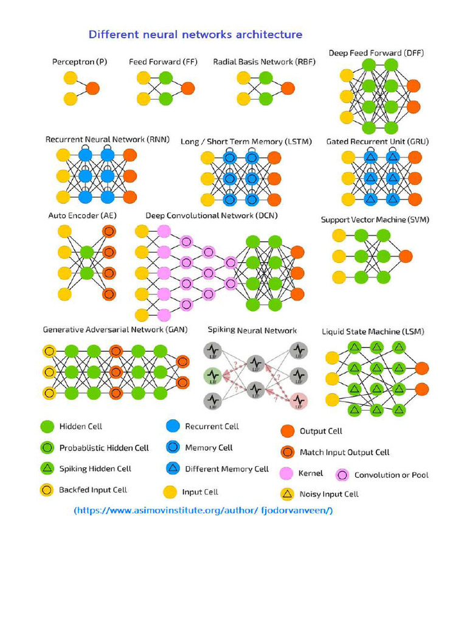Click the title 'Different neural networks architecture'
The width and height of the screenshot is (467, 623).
coord(195,34)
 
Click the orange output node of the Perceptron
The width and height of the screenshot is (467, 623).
coord(92,88)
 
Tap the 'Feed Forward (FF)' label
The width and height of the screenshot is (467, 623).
coord(155,62)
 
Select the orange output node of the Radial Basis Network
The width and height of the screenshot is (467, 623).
coord(288,88)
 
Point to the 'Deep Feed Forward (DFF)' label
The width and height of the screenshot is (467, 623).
coord(376,53)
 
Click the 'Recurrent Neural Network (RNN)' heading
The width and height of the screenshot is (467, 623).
coord(108,139)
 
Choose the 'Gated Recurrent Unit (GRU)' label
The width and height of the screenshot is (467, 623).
coord(377,142)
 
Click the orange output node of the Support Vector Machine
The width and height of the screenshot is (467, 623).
coord(405,256)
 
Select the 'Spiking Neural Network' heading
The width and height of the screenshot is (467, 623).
coord(252,330)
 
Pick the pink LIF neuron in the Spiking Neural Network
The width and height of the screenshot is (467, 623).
coord(298,400)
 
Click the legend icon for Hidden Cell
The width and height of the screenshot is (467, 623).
coord(47,427)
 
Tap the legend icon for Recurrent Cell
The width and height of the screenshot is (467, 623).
coord(173,426)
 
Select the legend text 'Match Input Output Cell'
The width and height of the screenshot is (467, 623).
coord(345,452)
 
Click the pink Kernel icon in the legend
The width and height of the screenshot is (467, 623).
coord(287,473)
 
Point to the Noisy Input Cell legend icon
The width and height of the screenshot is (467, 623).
coord(287,493)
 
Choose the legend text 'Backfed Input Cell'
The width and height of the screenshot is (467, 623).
coord(93,490)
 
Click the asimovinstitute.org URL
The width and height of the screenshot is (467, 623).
coord(203,510)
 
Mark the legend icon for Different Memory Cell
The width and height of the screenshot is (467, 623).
coord(173,468)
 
